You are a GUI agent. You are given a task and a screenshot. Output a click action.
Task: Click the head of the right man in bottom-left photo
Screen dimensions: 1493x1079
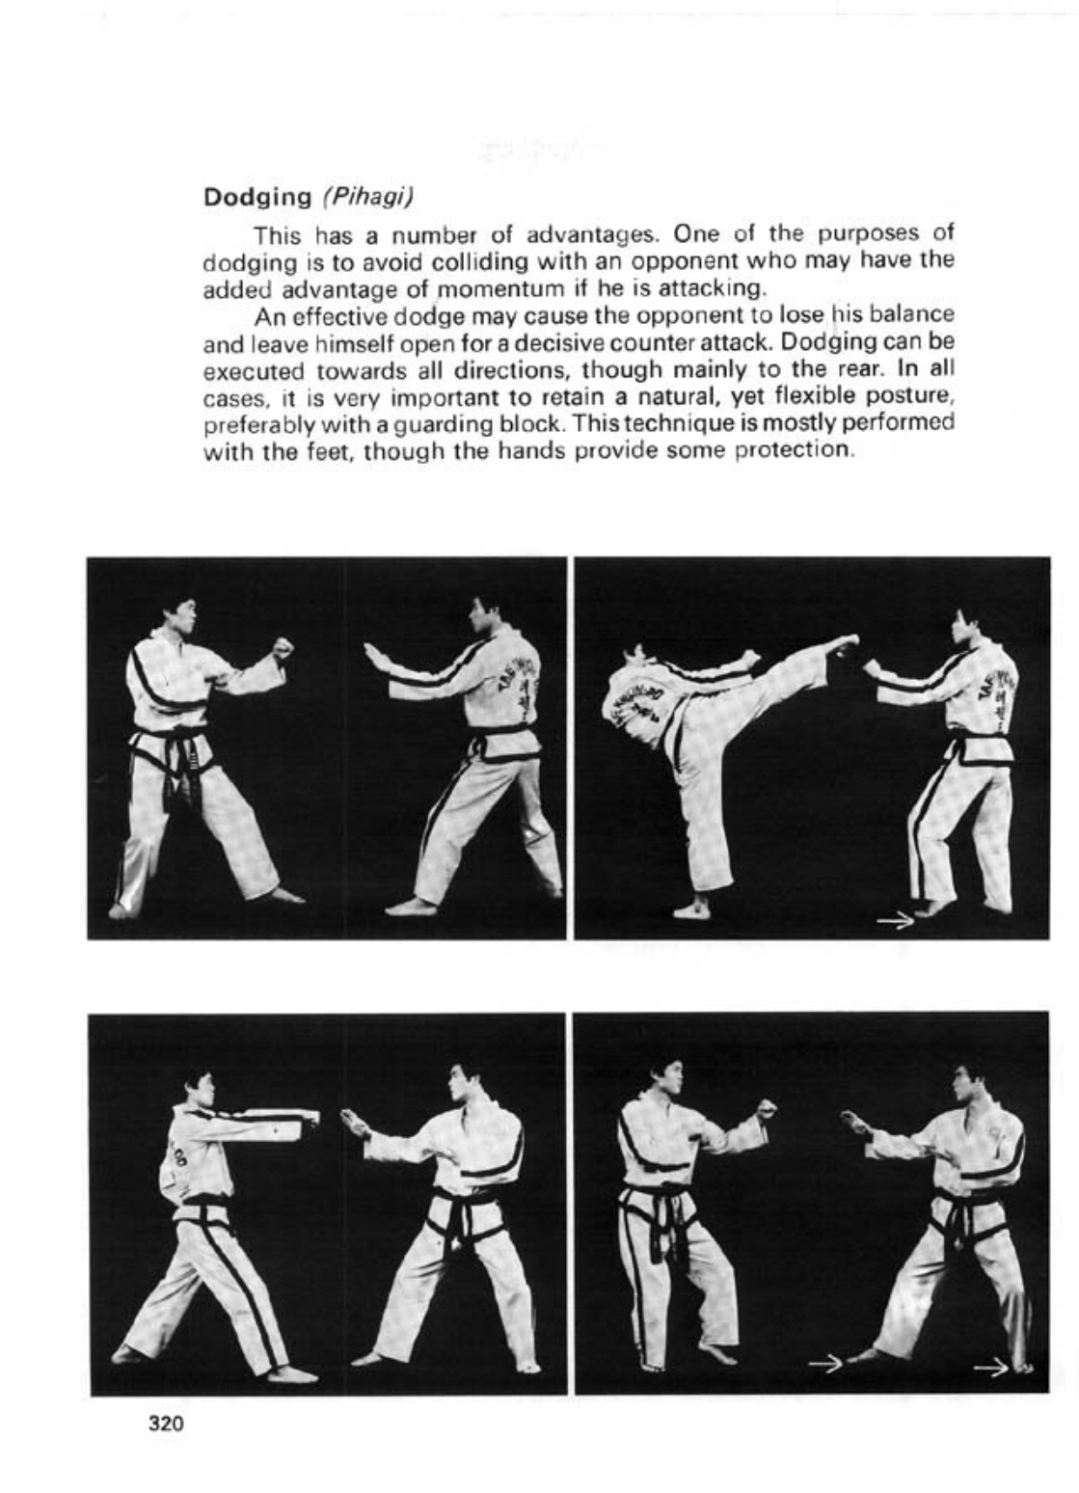[x=462, y=1084]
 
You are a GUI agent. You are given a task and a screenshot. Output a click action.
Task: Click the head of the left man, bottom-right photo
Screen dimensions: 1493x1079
[x=663, y=1082]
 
